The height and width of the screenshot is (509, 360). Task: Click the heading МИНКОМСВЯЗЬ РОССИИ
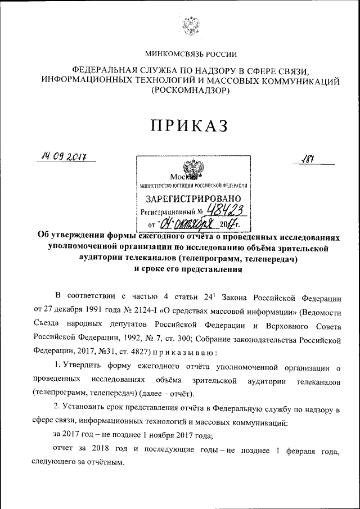pos(191,55)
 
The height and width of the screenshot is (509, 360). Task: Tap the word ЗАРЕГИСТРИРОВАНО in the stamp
pos(193,199)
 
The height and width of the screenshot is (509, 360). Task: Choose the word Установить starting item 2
pos(88,409)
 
